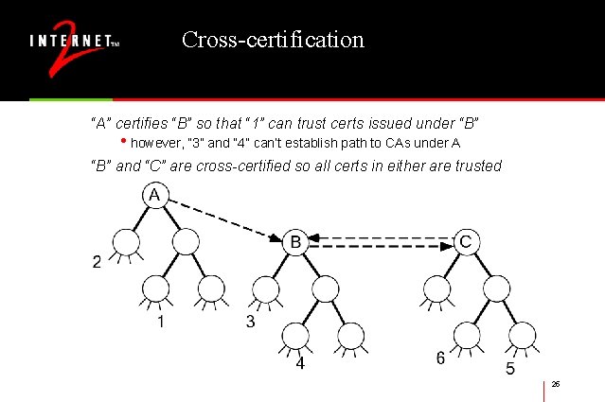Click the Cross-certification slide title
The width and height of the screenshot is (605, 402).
pyautogui.click(x=273, y=40)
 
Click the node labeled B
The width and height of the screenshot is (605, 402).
pyautogui.click(x=294, y=243)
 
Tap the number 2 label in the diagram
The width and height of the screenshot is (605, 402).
pyautogui.click(x=97, y=262)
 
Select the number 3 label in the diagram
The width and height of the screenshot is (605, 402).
pyautogui.click(x=250, y=322)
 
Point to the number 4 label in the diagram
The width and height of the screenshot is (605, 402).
pyautogui.click(x=299, y=363)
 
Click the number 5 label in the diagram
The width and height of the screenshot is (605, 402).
pyautogui.click(x=509, y=369)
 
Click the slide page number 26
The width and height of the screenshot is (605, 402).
pyautogui.click(x=556, y=383)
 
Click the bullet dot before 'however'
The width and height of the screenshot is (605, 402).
pyautogui.click(x=123, y=144)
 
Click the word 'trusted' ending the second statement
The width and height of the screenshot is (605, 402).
pyautogui.click(x=477, y=166)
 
